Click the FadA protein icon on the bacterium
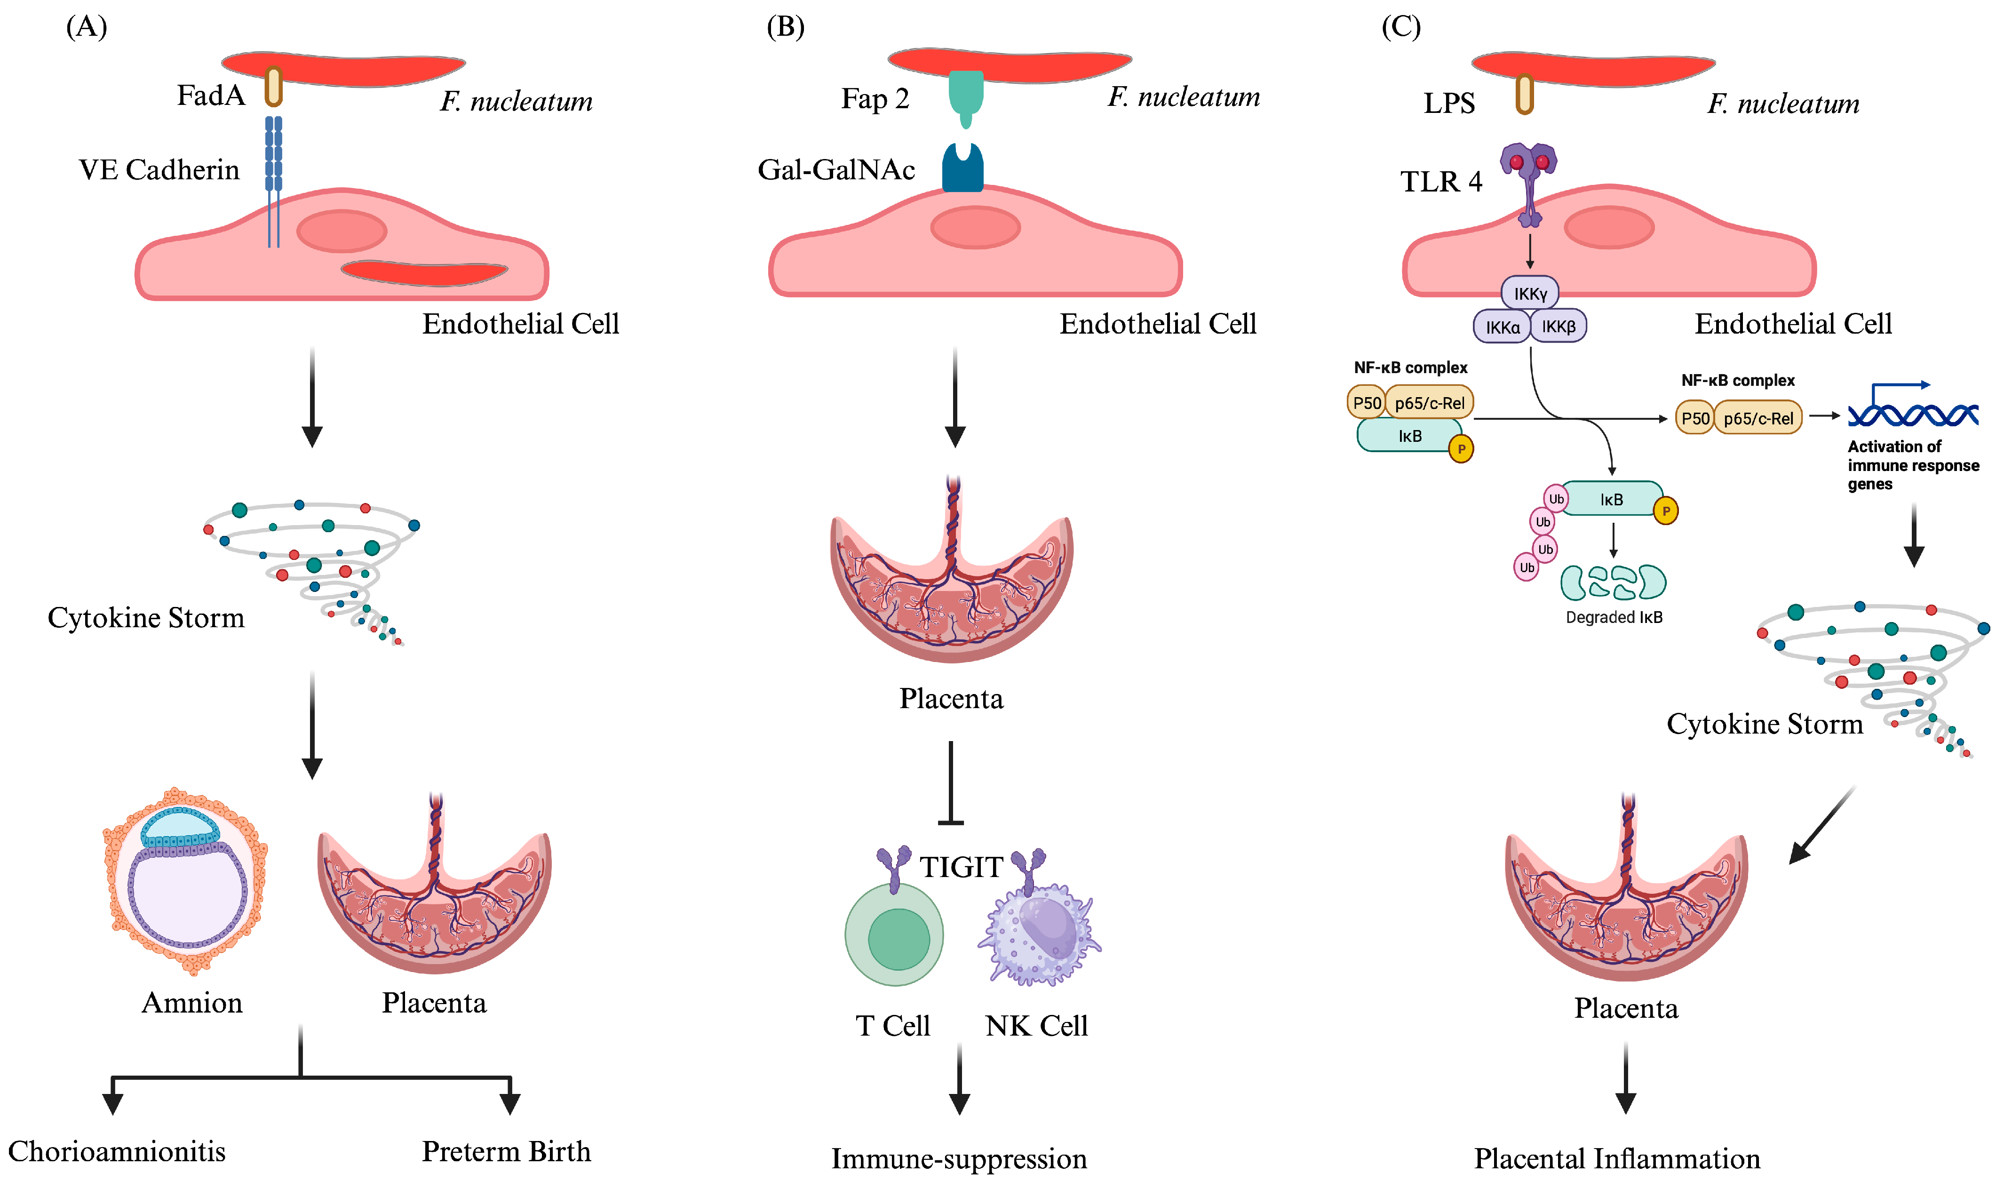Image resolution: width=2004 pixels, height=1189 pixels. coord(274,87)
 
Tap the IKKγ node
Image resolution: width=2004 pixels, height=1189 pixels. coord(1530,293)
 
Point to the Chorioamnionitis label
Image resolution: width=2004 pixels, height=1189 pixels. coord(117,1151)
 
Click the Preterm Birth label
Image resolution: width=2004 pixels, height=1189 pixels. coord(506,1151)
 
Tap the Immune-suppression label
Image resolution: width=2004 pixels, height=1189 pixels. coord(959,1158)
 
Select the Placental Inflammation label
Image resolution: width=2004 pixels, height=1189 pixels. coord(1617,1158)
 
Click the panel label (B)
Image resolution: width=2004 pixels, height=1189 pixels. coord(785,27)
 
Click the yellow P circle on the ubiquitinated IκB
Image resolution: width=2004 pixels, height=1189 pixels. coord(1666,511)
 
